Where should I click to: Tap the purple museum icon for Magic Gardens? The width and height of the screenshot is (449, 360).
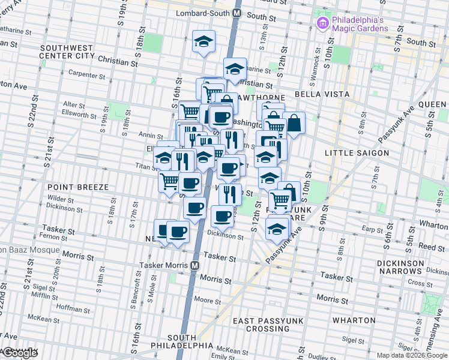coord(322,23)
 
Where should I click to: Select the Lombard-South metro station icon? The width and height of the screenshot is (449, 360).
coord(237,13)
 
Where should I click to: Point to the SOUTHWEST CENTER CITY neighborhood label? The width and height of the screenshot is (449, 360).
coord(66,52)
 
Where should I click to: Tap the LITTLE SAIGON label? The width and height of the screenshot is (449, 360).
coord(357,153)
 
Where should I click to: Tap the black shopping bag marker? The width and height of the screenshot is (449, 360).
coord(294,123)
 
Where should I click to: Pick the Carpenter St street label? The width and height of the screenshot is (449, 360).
coord(87,75)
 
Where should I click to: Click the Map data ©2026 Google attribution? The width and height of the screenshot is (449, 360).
coord(411,355)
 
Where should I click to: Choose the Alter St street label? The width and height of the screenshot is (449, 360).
coord(74,105)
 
